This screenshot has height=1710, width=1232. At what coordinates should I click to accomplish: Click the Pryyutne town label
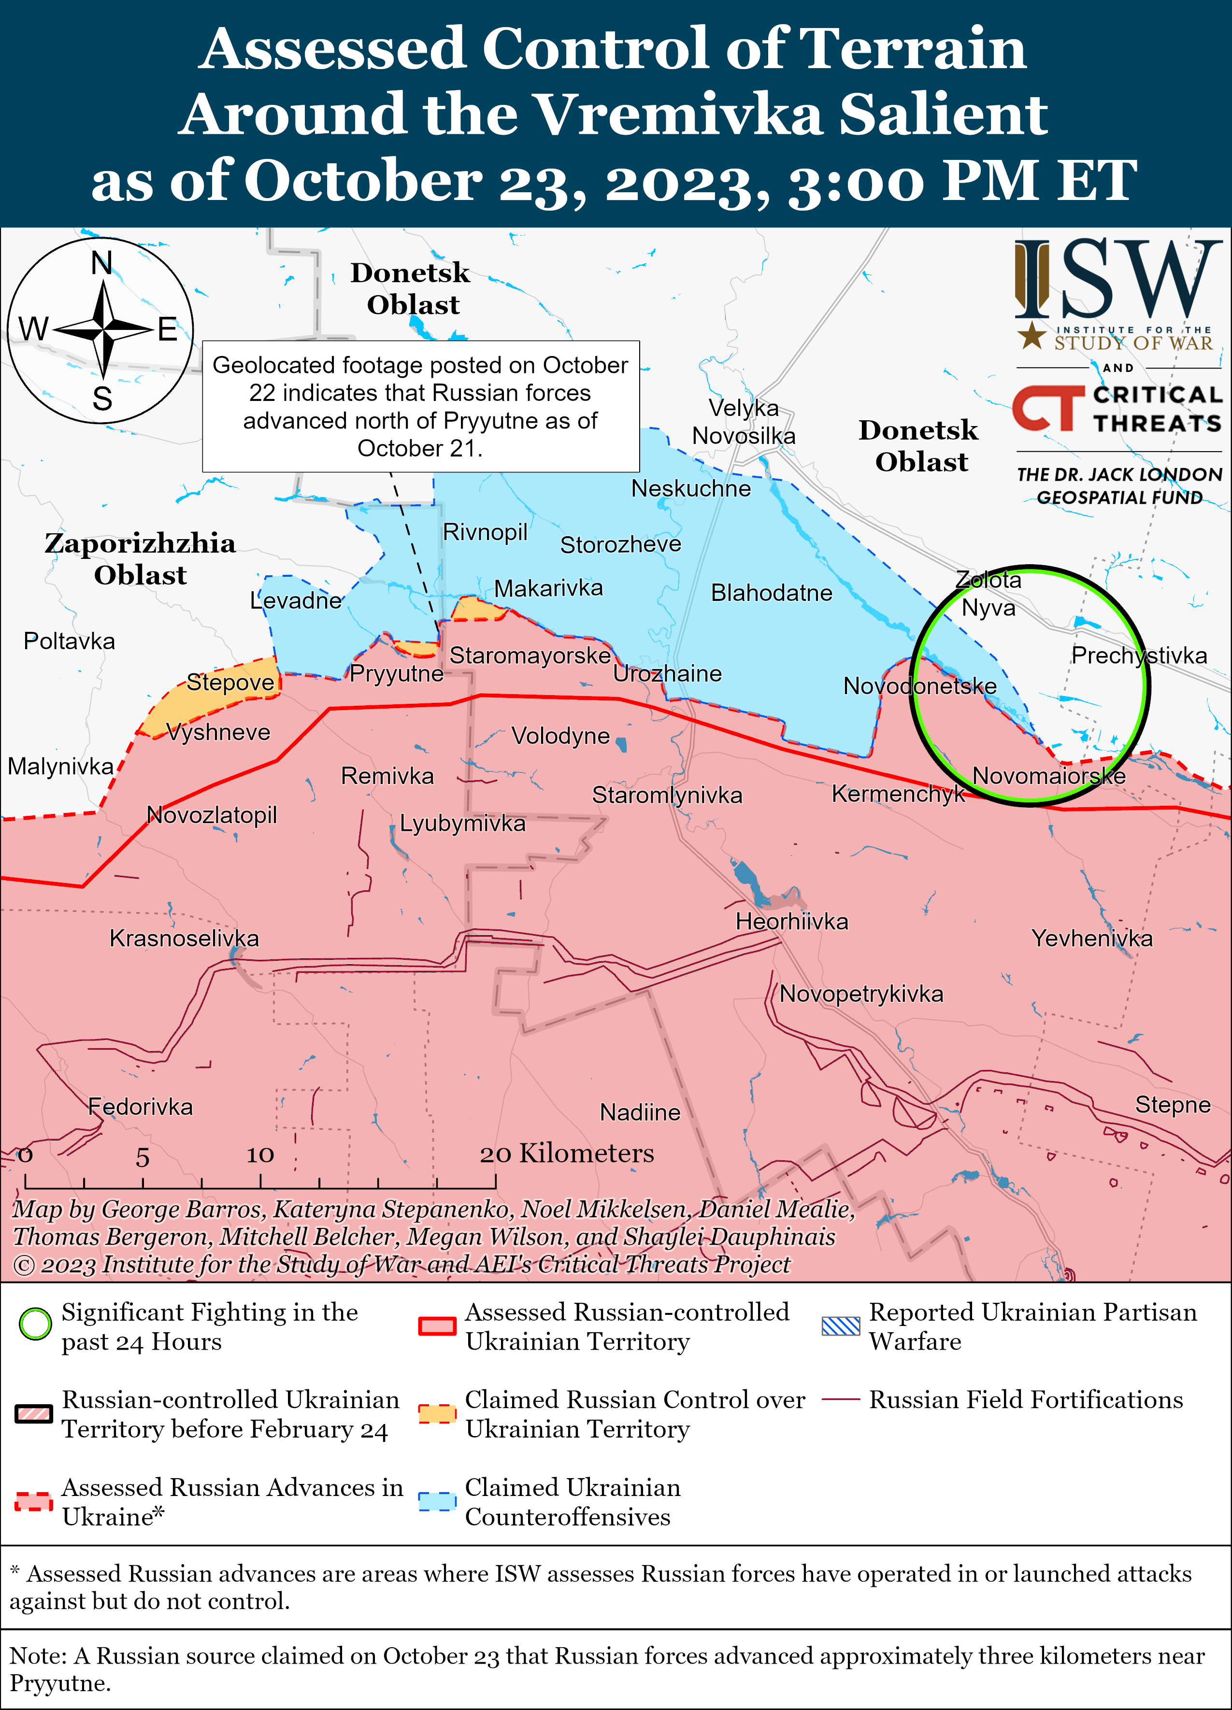pyautogui.click(x=397, y=673)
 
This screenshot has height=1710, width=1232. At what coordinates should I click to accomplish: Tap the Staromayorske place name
pyautogui.click(x=530, y=655)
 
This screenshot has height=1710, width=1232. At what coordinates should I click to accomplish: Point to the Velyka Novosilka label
pyautogui.click(x=744, y=422)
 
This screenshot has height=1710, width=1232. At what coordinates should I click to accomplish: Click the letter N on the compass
pyautogui.click(x=102, y=263)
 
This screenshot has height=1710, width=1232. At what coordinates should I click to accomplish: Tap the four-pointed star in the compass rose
pyautogui.click(x=103, y=329)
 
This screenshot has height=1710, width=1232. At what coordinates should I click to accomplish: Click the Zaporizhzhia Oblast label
pyautogui.click(x=140, y=559)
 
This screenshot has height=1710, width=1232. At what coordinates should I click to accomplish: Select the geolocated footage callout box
pyautogui.click(x=421, y=406)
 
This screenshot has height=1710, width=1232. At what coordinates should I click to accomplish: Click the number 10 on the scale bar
pyautogui.click(x=260, y=1154)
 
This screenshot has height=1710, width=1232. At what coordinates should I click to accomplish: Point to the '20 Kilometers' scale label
pyautogui.click(x=567, y=1153)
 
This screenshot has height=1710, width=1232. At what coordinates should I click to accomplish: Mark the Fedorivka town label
pyautogui.click(x=140, y=1107)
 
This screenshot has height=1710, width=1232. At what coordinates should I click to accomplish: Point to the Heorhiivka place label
pyautogui.click(x=792, y=921)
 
